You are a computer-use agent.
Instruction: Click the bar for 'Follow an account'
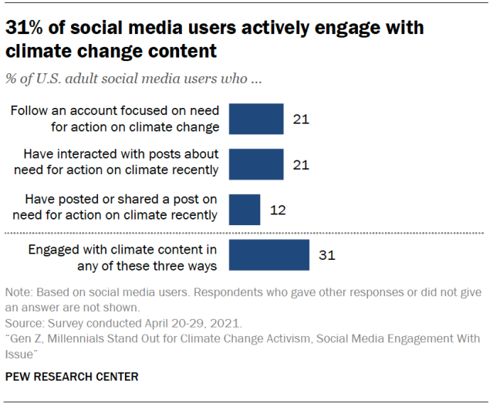click(258, 119)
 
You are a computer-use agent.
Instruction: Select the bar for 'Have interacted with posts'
click(258, 163)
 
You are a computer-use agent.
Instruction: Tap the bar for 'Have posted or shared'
click(245, 209)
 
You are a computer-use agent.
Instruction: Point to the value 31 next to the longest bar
click(326, 255)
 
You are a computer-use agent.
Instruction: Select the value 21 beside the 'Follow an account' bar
click(301, 119)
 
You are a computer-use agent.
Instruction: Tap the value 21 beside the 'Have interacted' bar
click(301, 163)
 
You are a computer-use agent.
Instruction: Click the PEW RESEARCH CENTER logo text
click(72, 377)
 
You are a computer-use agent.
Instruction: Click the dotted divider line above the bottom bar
click(246, 233)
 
